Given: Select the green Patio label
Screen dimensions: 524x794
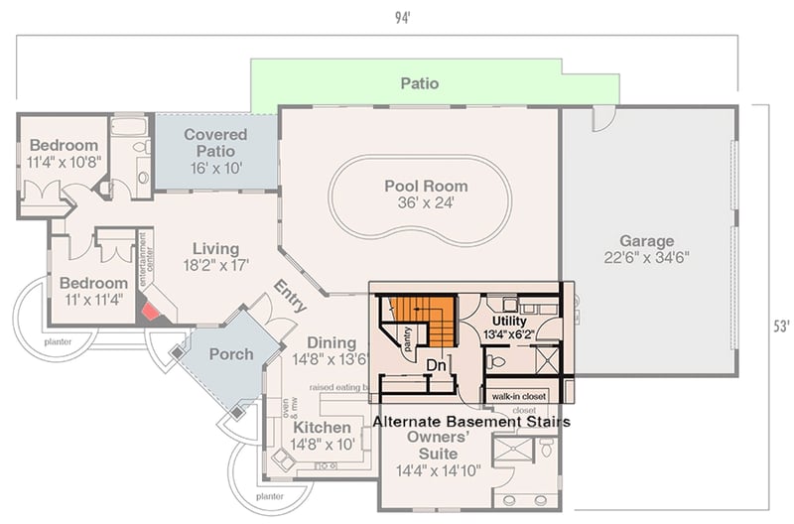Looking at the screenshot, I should [x=419, y=83].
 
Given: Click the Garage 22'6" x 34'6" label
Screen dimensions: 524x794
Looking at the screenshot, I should [x=646, y=248].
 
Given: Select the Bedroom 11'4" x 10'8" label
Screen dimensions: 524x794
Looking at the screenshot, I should [x=64, y=155].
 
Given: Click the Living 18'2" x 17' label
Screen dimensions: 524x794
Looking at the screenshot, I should [x=215, y=256].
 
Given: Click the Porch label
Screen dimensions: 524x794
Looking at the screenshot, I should [x=230, y=354].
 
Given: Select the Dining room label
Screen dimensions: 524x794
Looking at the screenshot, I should [x=331, y=350].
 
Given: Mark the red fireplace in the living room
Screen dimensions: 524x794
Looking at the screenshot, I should [x=151, y=312].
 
